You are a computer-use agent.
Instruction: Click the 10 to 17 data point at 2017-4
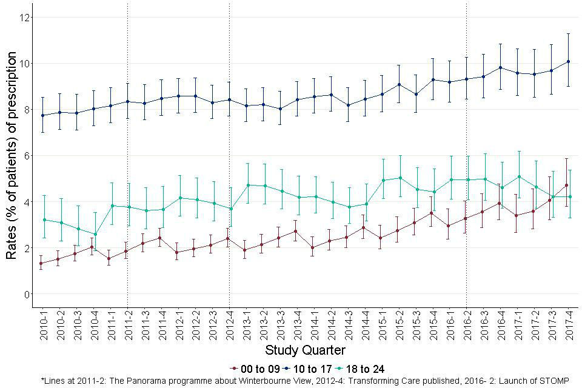(x=569, y=61)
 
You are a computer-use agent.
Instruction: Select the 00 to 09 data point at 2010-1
(x=41, y=263)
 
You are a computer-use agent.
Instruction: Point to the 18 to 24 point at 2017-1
(x=518, y=176)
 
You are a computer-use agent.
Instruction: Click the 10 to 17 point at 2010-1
(x=41, y=115)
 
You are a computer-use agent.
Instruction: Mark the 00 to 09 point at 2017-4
(x=569, y=185)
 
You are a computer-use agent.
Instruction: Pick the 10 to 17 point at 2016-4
(x=501, y=67)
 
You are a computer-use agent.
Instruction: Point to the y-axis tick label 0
(x=25, y=294)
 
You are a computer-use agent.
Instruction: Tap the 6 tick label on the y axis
(x=25, y=156)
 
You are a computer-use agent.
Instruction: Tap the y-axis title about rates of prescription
(x=11, y=156)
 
